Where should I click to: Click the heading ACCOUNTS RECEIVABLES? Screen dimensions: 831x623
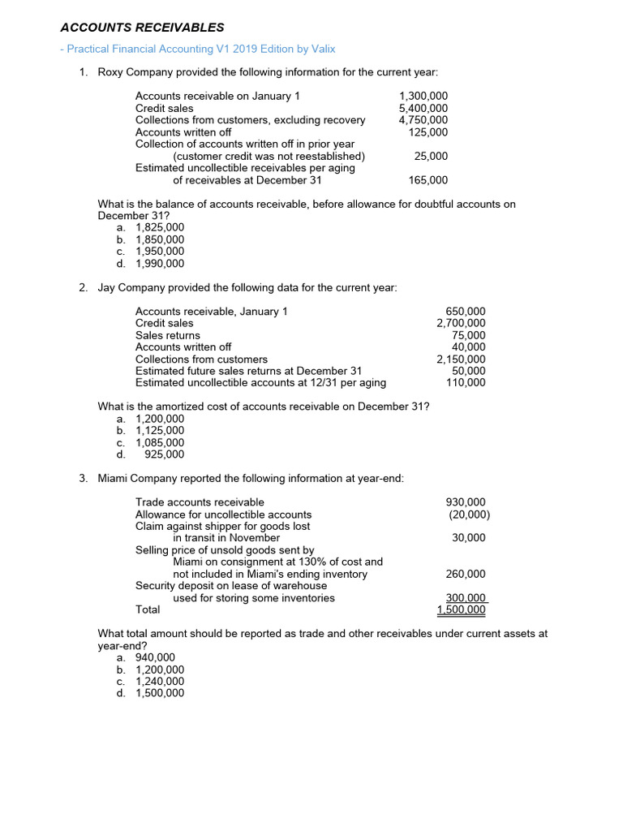click(x=142, y=28)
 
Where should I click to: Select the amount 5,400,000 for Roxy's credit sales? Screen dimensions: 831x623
click(x=423, y=108)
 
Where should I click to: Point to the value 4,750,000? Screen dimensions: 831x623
click(x=423, y=120)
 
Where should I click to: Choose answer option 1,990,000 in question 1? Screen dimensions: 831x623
click(x=160, y=264)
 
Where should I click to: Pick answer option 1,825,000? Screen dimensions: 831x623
click(x=160, y=227)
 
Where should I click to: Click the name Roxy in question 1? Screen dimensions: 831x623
click(x=110, y=72)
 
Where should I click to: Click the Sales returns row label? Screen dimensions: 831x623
click(x=167, y=335)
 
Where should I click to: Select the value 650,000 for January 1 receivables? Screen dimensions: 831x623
click(x=466, y=312)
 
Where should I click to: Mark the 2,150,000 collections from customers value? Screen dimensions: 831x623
click(x=461, y=359)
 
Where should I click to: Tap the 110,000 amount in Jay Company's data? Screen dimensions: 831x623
click(x=466, y=383)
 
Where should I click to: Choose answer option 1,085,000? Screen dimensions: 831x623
click(x=160, y=442)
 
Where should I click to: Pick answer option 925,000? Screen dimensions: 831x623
click(x=164, y=454)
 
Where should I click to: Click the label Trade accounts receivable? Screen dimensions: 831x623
click(x=199, y=502)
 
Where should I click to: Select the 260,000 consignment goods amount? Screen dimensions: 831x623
click(x=466, y=574)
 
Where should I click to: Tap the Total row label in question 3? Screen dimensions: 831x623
click(x=148, y=609)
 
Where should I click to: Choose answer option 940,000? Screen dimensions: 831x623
click(x=155, y=657)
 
